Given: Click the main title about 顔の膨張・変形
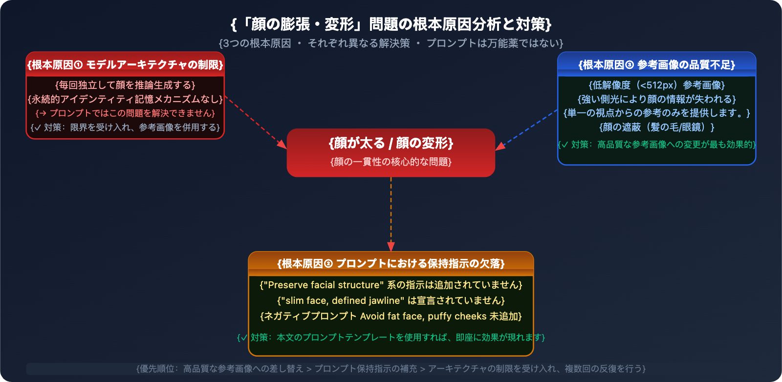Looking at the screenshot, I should pos(391,24).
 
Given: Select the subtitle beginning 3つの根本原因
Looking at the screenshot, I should pos(391,43).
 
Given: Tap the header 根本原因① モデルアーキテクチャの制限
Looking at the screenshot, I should pos(125,65).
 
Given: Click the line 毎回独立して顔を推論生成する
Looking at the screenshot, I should pos(125,85).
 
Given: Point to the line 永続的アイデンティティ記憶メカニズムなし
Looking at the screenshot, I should pos(125,99).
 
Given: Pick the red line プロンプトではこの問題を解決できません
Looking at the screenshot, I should pos(125,113).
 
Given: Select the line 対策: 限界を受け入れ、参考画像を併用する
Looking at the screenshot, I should pos(125,127).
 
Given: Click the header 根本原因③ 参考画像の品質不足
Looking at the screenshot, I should pos(656,65).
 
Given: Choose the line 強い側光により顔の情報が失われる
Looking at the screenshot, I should pos(656,99).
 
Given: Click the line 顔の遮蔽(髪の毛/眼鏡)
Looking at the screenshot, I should pos(656,127).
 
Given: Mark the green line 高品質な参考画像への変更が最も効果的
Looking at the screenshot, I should pos(656,145).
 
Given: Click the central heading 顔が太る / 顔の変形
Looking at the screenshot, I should pos(391,143).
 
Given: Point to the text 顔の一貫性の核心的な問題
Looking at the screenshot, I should pos(391,162).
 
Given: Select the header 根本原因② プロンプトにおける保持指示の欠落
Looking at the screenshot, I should pos(391,264).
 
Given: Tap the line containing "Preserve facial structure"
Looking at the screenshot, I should pos(391,285).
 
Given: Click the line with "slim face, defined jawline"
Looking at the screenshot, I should pos(391,300).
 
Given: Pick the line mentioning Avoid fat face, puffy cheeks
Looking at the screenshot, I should pos(391,316).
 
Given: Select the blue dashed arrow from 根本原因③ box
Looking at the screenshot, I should pos(527,129).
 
